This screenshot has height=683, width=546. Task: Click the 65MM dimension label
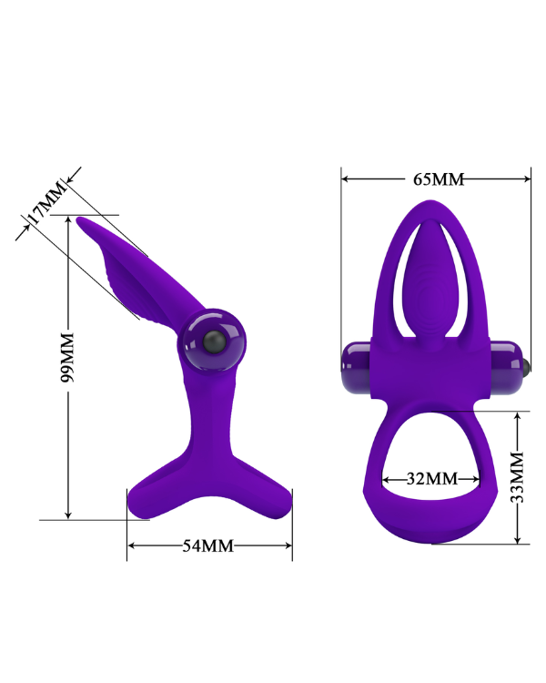[x=439, y=179]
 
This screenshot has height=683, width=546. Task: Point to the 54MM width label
[x=208, y=545]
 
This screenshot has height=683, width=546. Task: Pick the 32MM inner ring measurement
[x=431, y=478]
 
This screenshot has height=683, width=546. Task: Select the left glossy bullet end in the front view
[x=355, y=366]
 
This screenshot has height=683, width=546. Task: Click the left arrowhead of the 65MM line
[x=346, y=179]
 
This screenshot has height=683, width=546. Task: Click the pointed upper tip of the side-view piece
[x=81, y=219]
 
